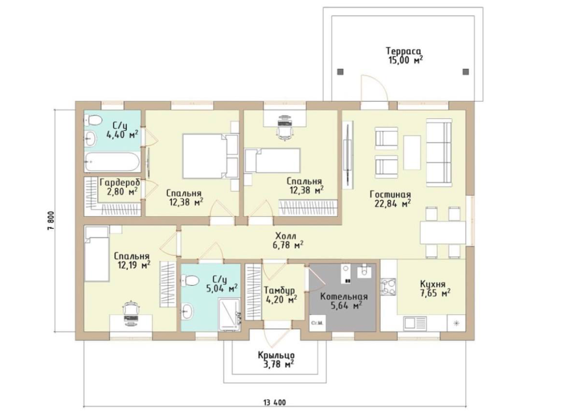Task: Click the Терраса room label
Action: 403,51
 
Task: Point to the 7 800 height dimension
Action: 51,221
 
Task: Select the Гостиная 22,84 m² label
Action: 391,199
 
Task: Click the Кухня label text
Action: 433,283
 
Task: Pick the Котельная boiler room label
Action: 344,297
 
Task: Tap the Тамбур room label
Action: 279,291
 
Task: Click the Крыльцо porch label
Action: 276,355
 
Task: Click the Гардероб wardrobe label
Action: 120,183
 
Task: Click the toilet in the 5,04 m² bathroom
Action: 191,280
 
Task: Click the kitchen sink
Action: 415,322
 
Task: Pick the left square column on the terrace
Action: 340,72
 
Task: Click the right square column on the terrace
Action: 466,72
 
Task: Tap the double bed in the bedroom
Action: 210,156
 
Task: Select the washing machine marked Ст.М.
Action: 318,322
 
